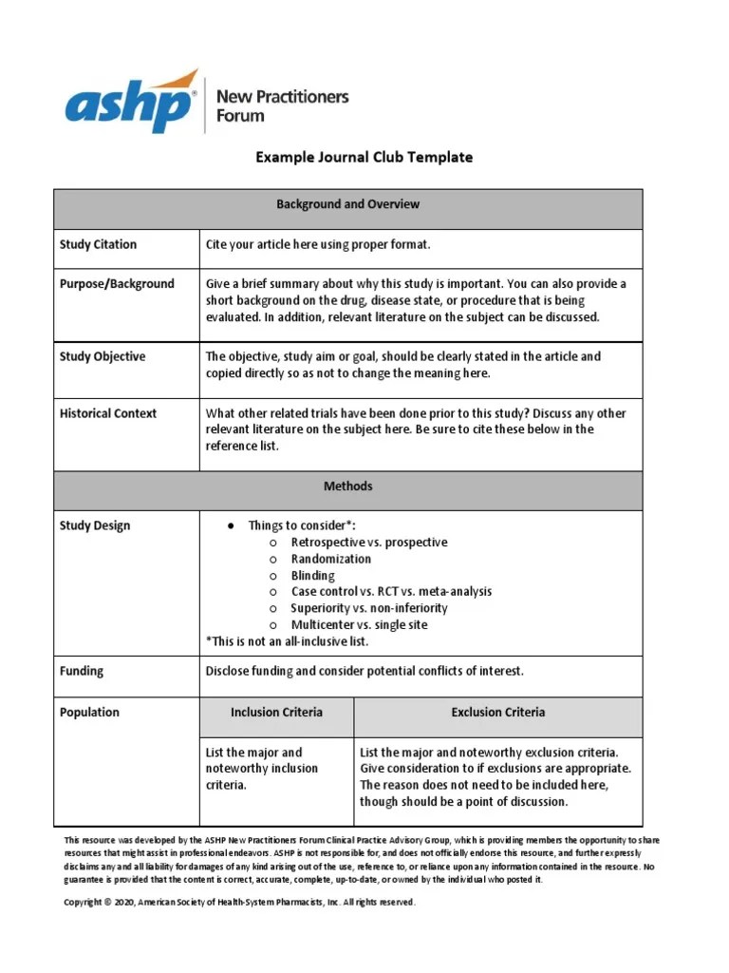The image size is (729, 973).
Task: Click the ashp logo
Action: click(x=132, y=103)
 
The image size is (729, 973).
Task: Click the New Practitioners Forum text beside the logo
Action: click(x=282, y=105)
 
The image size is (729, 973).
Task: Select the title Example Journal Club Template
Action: click(x=364, y=158)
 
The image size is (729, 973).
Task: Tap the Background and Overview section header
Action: click(x=347, y=204)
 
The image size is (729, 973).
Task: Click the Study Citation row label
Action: click(x=98, y=245)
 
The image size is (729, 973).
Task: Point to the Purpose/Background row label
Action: click(x=117, y=284)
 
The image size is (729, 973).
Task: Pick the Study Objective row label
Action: click(x=103, y=357)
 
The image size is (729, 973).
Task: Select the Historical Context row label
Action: click(x=108, y=414)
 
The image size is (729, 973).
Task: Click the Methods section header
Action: click(x=347, y=486)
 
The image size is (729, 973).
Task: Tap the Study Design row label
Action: click(x=95, y=526)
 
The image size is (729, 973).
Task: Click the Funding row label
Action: click(x=82, y=672)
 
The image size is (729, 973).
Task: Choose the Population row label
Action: click(x=89, y=713)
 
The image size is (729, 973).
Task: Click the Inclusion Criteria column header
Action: click(x=276, y=713)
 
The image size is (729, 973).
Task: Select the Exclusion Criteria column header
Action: click(x=497, y=713)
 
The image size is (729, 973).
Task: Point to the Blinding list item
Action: click(x=312, y=576)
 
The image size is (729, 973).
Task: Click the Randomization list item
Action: click(x=330, y=560)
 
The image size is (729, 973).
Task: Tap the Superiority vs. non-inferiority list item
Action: click(x=369, y=609)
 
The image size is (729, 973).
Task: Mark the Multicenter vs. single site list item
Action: click(x=359, y=625)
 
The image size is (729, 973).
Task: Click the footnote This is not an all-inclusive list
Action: click(x=287, y=642)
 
